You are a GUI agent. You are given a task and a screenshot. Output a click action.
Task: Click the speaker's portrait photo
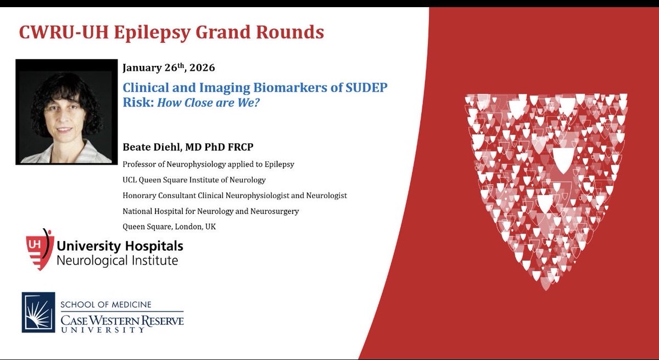coord(67,111)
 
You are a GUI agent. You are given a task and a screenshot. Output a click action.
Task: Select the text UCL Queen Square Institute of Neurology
coord(194,179)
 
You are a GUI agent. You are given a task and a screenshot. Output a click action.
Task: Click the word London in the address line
coord(187,226)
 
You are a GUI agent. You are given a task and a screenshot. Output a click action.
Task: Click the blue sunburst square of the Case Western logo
coord(38,312)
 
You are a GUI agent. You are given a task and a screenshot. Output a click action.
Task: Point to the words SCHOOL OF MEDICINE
coord(105,305)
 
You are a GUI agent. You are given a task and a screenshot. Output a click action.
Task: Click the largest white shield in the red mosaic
coord(561,159)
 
